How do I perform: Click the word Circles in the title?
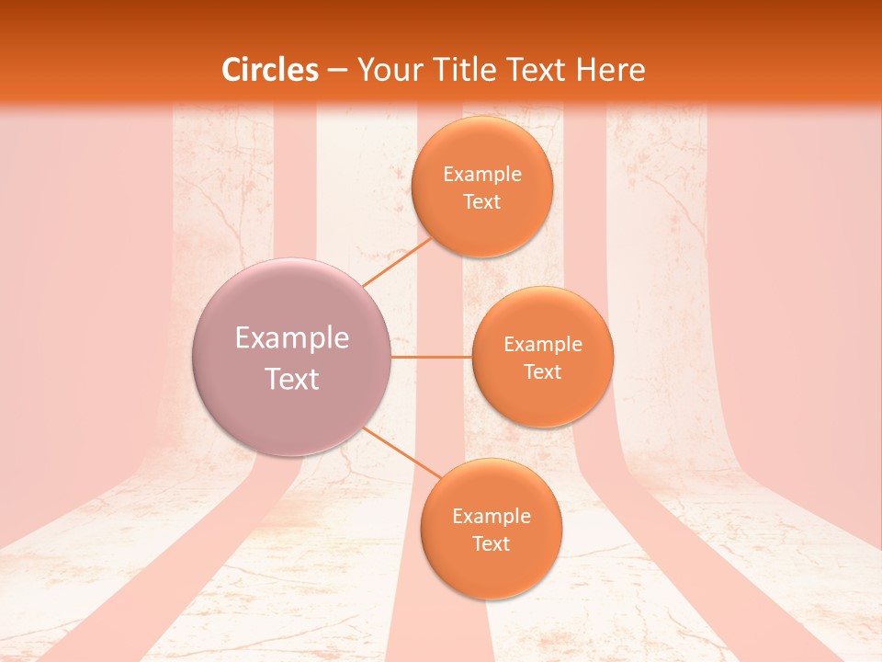coord(270,70)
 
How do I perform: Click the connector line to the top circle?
coord(398,261)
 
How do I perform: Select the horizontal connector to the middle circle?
coord(431,356)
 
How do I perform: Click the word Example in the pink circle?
coord(292,338)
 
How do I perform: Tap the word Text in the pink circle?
coord(292,379)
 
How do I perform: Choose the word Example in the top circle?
coord(482,174)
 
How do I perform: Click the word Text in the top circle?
coord(482,201)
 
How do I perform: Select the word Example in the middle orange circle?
coord(543,344)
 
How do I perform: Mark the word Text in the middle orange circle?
coord(543,371)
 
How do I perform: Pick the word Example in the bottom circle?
coord(492,516)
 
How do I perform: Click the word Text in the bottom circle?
coord(492,543)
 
